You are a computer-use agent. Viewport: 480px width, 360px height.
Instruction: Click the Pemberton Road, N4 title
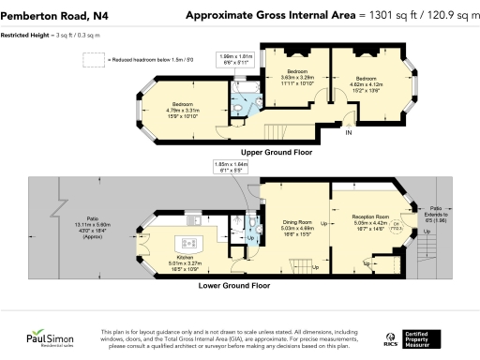[50, 15]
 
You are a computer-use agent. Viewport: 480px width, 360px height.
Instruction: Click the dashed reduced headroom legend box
[94, 60]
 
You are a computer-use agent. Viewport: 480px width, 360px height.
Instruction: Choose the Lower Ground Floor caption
[234, 284]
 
